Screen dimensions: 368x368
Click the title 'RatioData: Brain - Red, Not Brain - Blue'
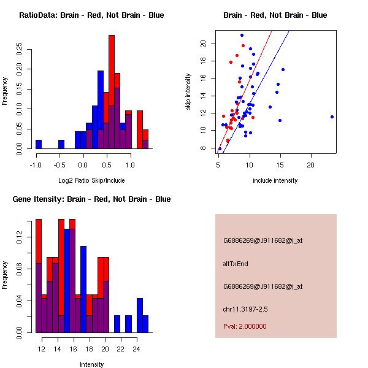[91, 15]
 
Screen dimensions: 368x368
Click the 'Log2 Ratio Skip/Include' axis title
[91, 180]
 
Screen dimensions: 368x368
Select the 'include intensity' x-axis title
[275, 180]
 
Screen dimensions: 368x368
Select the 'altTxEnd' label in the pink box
[234, 264]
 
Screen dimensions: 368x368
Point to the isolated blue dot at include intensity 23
[332, 117]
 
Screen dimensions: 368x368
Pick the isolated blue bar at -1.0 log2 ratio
[39, 145]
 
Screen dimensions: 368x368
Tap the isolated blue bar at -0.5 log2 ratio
[61, 145]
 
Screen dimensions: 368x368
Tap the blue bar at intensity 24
[140, 316]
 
